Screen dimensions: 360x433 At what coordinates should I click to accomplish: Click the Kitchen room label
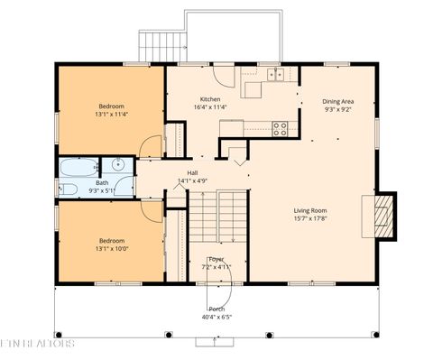[210, 98]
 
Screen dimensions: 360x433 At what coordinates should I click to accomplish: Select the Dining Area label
[339, 101]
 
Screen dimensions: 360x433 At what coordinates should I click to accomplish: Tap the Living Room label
[310, 209]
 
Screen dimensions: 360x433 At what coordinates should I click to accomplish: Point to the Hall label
[192, 172]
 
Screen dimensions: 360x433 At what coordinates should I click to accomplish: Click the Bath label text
[101, 182]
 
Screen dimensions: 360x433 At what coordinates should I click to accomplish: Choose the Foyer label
[216, 259]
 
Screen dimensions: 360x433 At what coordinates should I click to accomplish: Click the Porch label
[216, 309]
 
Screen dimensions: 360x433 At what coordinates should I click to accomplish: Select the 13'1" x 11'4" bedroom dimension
[111, 115]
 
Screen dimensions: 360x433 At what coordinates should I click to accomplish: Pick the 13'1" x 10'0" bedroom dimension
[112, 249]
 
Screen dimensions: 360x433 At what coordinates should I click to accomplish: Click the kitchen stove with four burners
[280, 128]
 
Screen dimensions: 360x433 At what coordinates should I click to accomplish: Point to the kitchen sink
[274, 74]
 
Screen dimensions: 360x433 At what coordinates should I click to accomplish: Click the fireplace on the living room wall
[383, 215]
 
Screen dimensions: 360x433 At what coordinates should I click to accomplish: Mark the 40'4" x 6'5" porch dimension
[216, 318]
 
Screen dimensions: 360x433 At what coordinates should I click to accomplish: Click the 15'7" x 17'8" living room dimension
[310, 217]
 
